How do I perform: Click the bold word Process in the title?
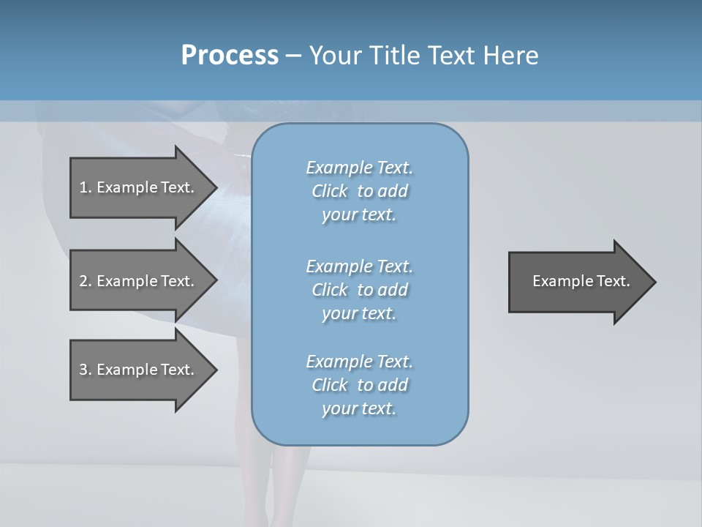(230, 56)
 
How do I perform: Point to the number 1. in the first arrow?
(86, 187)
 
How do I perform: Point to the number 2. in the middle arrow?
(86, 281)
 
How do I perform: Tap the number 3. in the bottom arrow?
(86, 370)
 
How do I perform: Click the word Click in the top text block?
(330, 191)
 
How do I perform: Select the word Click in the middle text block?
(330, 290)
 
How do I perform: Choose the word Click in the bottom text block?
(330, 385)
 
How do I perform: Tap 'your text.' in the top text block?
(359, 215)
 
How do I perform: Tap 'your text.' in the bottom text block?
(359, 408)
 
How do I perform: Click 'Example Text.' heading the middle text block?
(359, 266)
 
